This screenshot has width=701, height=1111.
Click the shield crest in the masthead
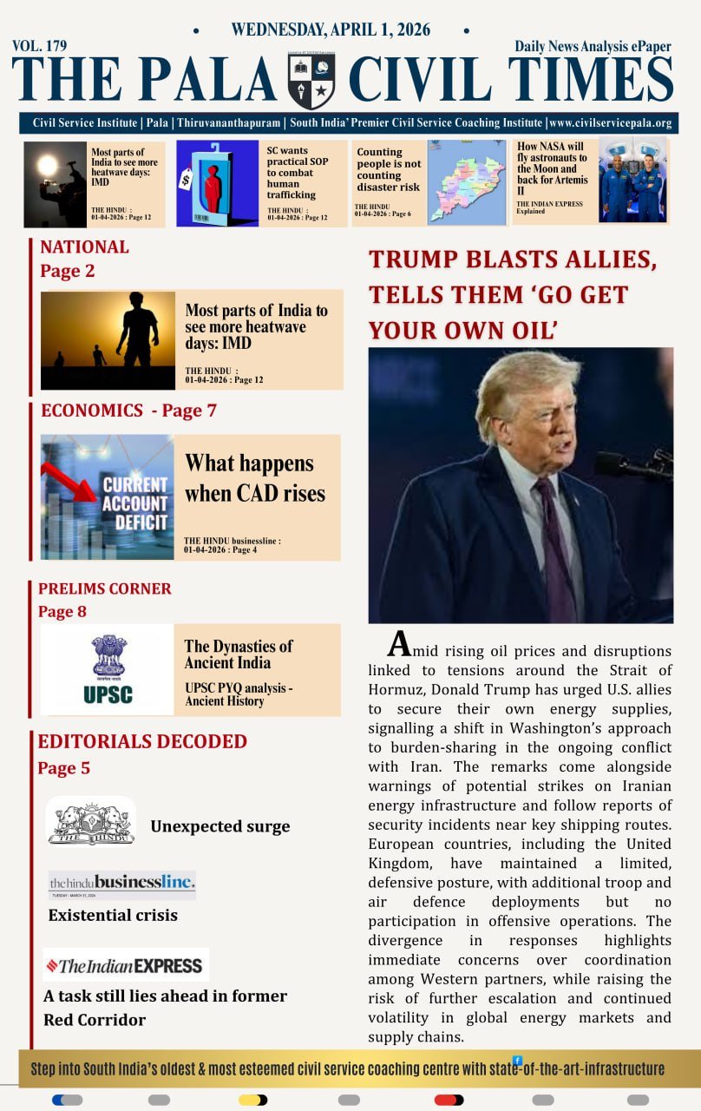click(311, 81)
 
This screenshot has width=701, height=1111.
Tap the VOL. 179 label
click(39, 45)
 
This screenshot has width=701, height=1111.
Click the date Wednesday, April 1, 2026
click(331, 30)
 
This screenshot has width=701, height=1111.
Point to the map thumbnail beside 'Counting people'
click(467, 183)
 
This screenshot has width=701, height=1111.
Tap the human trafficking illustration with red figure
click(217, 183)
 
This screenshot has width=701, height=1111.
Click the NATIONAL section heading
click(84, 247)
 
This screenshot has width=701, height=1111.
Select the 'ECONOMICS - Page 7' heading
click(128, 411)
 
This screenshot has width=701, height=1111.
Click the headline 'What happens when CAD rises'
click(254, 478)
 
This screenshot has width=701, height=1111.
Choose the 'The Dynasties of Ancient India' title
click(238, 654)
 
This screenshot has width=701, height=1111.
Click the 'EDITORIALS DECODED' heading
click(142, 741)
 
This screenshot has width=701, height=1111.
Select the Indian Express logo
click(126, 965)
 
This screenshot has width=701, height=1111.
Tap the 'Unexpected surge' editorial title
click(219, 826)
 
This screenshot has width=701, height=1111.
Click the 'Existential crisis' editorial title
click(113, 915)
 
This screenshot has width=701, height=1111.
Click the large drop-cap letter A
click(398, 644)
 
